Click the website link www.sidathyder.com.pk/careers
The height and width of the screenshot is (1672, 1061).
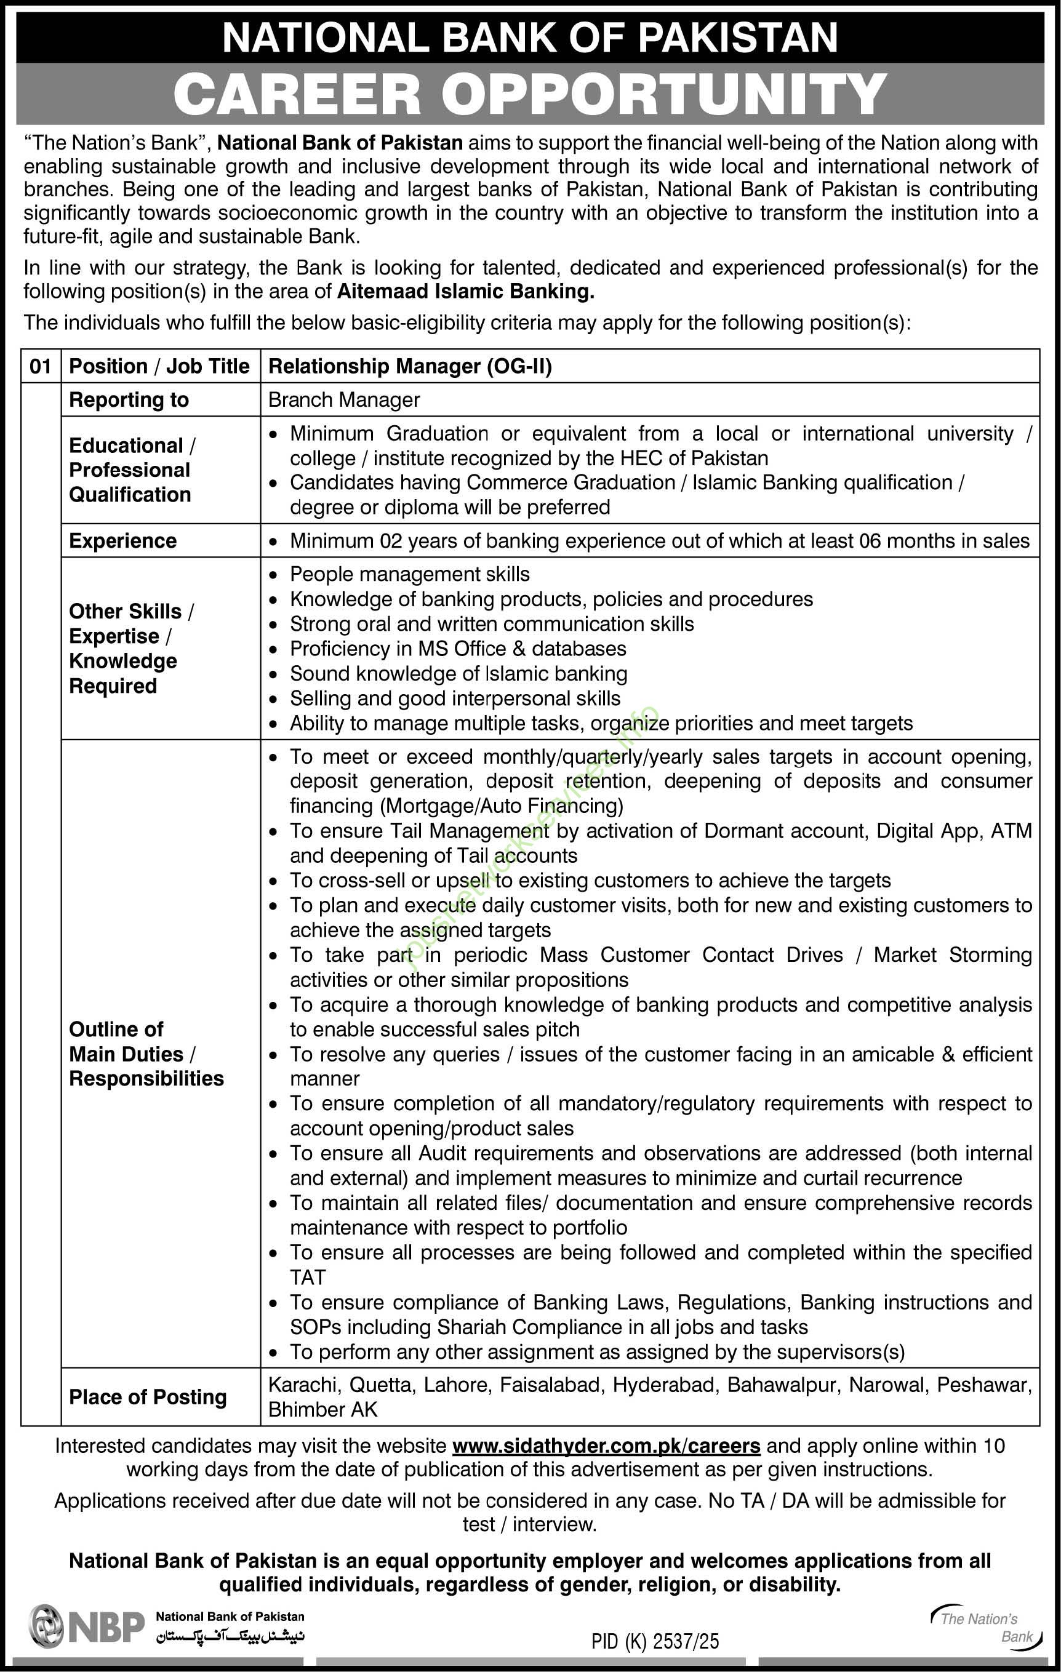[x=606, y=1446]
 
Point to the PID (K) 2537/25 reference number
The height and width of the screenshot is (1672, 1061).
[x=655, y=1641]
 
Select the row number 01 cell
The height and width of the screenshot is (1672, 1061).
[x=40, y=366]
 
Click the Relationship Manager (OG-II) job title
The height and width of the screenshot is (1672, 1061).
[x=410, y=366]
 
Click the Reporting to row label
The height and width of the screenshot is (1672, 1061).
[x=129, y=400]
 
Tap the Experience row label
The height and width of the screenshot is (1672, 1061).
[x=123, y=541]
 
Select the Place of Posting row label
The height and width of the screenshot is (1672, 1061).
[x=147, y=1397]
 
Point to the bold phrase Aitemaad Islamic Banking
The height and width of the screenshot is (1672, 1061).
[x=465, y=292]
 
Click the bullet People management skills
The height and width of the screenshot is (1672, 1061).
[x=409, y=574]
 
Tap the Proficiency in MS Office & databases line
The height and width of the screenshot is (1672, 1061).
[x=458, y=649]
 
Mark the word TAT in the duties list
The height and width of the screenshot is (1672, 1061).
[x=307, y=1278]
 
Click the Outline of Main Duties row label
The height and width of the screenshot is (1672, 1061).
[x=146, y=1054]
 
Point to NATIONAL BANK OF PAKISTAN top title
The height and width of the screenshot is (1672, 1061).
[x=530, y=36]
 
